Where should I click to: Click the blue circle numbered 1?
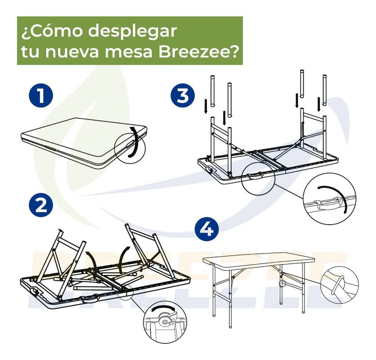(x=41, y=95)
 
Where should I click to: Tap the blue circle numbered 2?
(x=41, y=205)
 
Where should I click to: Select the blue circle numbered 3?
(x=183, y=95)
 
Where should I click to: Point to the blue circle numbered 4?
(x=207, y=229)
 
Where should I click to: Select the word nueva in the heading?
(x=72, y=53)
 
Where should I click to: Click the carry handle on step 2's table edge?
(x=90, y=298)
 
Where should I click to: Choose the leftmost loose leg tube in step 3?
(x=213, y=91)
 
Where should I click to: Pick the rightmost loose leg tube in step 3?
(x=325, y=90)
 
